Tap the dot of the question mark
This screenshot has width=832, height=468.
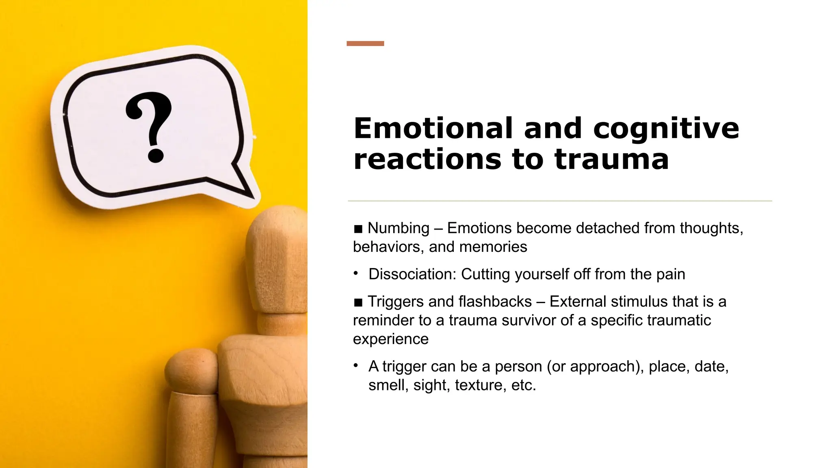click(x=155, y=155)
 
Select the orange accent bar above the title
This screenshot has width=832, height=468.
click(x=365, y=43)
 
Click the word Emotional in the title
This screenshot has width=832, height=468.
click(x=433, y=128)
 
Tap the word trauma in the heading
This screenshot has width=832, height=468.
click(x=611, y=159)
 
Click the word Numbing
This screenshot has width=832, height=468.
click(x=398, y=228)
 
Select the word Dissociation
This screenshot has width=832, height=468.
click(x=412, y=274)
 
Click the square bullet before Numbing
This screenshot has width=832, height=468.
click(x=358, y=230)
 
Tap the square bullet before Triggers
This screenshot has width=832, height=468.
click(x=358, y=303)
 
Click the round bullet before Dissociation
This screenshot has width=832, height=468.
click(x=356, y=273)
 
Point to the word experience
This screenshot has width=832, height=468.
click(x=390, y=339)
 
